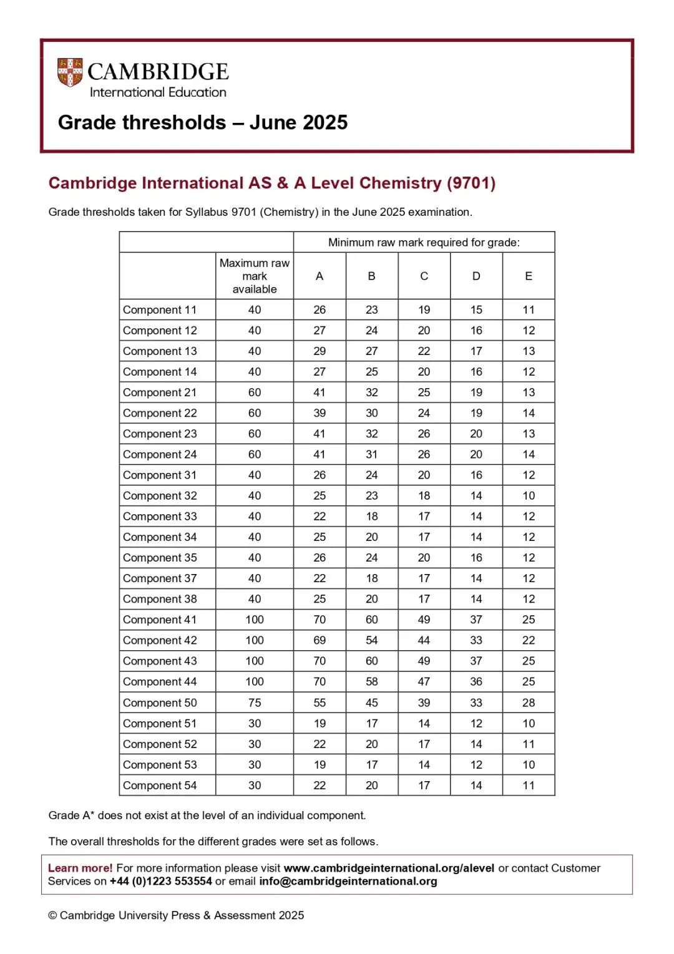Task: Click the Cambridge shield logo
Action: pos(70,72)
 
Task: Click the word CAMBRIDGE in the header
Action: pos(158,72)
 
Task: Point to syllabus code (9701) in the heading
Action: pos(471,183)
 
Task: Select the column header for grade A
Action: pos(320,276)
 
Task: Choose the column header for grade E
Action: pos(529,276)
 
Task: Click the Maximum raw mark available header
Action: pos(255,276)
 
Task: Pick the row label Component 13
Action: pos(160,351)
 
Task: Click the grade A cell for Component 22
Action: pos(320,413)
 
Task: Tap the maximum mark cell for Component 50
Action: pos(255,703)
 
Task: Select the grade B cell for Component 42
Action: pos(372,640)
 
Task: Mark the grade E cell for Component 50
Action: pos(529,703)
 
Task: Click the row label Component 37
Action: pos(160,578)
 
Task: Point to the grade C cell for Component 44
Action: pos(424,681)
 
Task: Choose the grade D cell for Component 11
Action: pos(476,309)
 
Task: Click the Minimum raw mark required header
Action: pos(424,242)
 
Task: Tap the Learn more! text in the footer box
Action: pos(81,868)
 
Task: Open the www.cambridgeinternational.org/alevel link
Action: pos(389,868)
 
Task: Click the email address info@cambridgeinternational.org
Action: pos(348,882)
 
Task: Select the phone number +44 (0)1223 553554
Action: pos(161,882)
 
